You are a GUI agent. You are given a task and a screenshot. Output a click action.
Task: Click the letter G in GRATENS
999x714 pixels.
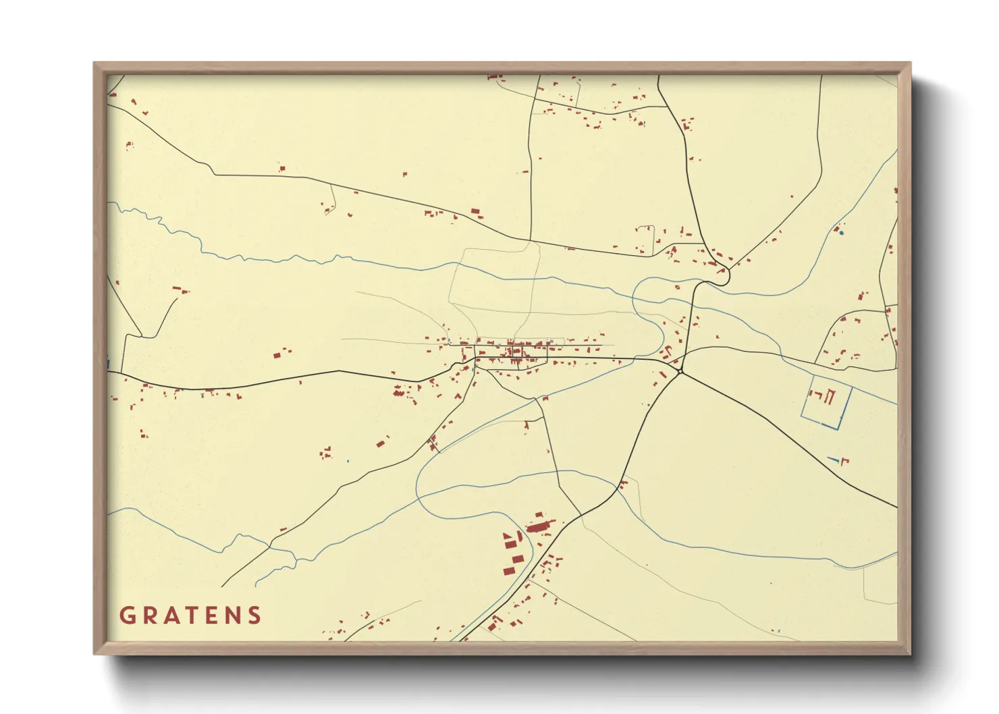[126, 615]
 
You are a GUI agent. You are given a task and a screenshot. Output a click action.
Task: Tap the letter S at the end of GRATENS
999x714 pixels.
[254, 615]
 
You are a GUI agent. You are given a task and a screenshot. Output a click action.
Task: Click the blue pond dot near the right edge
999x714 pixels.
[841, 233]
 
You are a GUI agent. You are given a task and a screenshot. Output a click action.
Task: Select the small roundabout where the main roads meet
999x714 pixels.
[679, 370]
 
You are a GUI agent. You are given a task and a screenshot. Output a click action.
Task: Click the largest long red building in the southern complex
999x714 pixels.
[539, 526]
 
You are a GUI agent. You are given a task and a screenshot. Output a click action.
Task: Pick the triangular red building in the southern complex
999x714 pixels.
[507, 536]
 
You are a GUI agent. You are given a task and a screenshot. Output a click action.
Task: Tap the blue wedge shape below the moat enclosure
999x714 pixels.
[834, 460]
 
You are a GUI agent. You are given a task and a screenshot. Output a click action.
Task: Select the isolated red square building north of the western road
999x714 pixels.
[277, 354]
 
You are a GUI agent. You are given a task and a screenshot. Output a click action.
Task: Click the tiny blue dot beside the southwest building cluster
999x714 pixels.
[348, 461]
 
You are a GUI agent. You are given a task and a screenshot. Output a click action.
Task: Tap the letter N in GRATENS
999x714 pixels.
[233, 615]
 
